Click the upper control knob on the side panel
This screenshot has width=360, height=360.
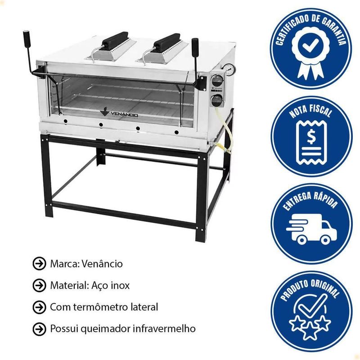coord(217,81)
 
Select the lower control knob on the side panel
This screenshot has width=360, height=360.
coord(217,100)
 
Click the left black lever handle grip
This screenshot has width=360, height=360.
coord(27,38)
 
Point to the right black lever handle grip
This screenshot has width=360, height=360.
coord(195,46)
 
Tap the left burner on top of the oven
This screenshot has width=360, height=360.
coord(111,47)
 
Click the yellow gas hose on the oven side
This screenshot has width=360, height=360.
coord(225,131)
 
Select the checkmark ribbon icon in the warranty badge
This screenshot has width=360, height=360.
coord(310,53)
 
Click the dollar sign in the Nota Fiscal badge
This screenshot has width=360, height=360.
coord(311,137)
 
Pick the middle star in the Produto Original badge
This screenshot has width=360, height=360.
coord(309,331)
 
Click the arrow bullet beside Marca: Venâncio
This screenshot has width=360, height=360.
coord(39,264)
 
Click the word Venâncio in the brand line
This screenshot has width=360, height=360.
coord(102,264)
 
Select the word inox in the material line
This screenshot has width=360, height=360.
coord(120,285)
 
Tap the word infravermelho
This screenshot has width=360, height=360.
coord(164,328)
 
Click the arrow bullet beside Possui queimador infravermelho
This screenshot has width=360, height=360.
coord(39,329)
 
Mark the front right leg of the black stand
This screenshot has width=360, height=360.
coord(201,198)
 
